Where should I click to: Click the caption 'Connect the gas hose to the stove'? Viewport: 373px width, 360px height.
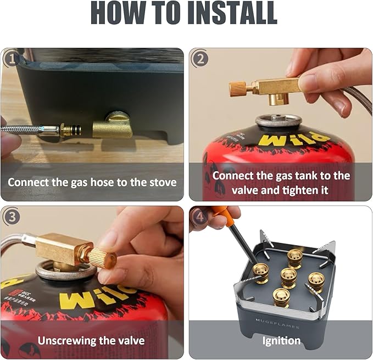(x=92, y=182)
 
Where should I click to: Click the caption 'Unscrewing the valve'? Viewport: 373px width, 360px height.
(x=92, y=340)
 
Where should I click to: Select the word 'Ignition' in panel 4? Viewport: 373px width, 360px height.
(x=281, y=341)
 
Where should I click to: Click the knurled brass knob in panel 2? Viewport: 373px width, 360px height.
(x=238, y=88)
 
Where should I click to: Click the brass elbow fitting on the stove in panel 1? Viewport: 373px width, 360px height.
(x=113, y=127)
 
